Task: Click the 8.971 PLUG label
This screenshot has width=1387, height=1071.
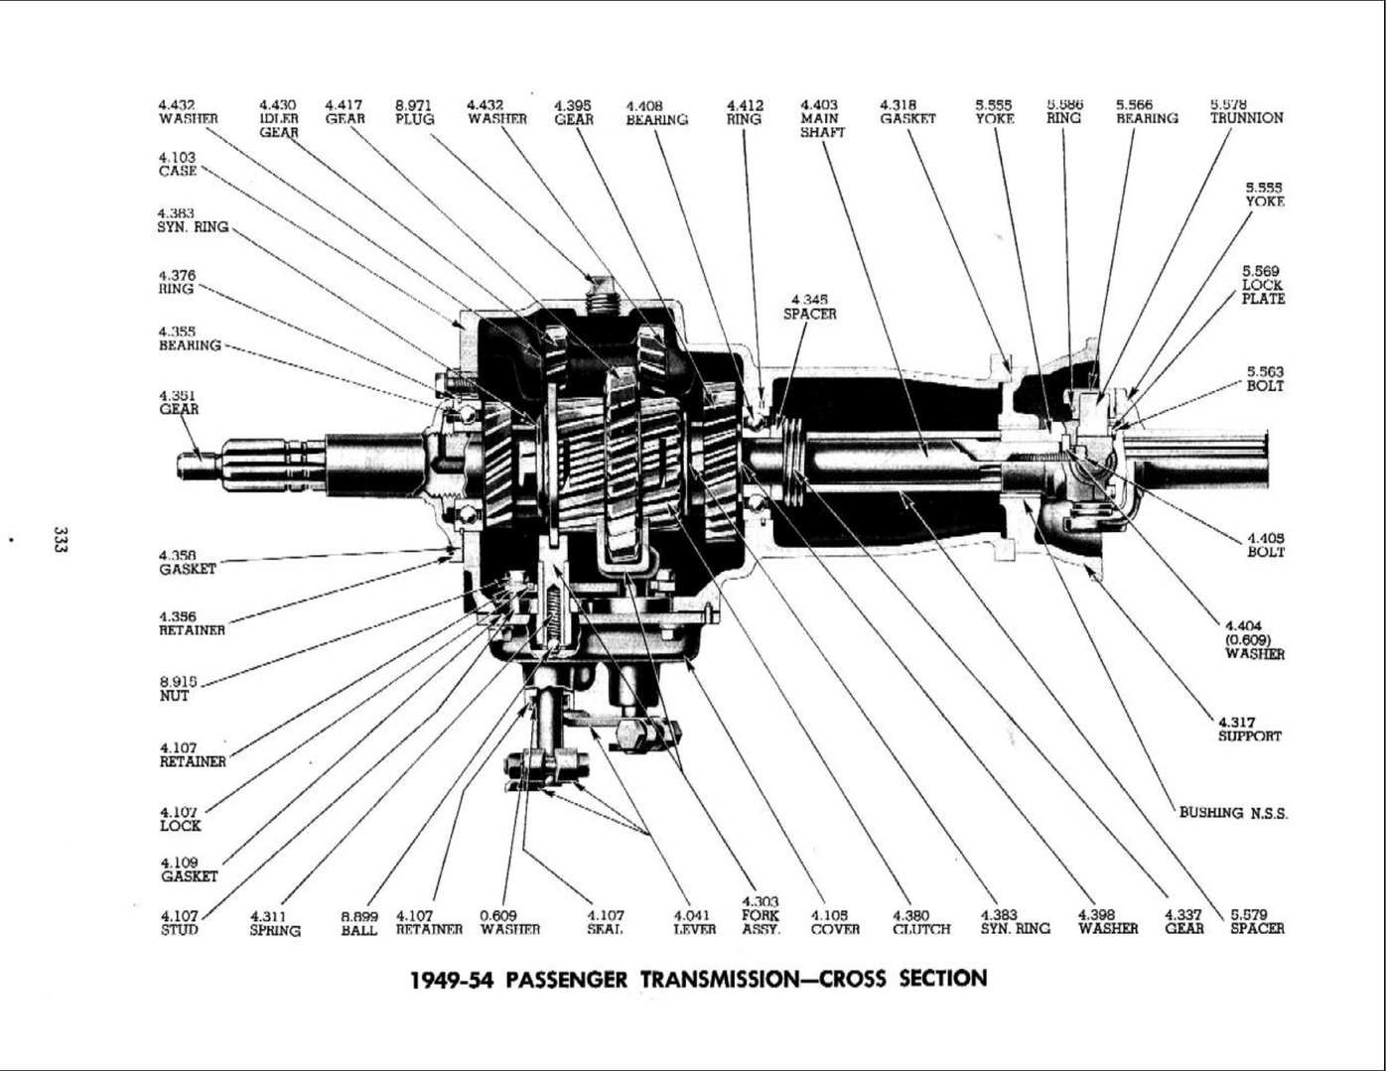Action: point(414,111)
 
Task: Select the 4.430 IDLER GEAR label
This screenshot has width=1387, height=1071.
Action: point(278,118)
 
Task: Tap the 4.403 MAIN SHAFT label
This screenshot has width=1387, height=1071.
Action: point(821,118)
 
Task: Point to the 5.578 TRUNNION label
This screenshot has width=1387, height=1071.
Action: point(1246,111)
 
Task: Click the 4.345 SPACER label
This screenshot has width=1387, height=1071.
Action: point(809,307)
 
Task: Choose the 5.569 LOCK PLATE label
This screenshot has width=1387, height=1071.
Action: point(1262,285)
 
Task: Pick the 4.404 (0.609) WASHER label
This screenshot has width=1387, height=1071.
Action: point(1254,640)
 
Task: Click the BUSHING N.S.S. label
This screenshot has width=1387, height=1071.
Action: point(1233,813)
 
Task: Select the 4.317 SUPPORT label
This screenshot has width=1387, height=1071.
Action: point(1249,730)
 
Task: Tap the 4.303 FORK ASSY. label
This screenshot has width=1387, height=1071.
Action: point(761,915)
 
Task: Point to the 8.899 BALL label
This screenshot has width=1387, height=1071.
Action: point(359,923)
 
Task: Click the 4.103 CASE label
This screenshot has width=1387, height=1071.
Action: point(178,164)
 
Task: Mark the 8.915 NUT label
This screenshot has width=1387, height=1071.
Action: point(175,689)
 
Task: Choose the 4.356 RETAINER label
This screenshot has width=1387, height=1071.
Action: point(192,623)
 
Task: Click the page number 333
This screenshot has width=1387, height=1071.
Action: point(60,540)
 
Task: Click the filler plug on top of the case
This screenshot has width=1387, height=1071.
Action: point(602,291)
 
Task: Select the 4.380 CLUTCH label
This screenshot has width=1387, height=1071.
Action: point(920,923)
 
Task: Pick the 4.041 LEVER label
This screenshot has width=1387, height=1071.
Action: point(694,923)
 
